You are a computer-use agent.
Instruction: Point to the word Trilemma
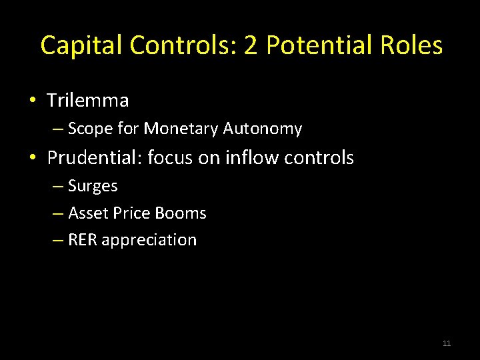[x=87, y=101]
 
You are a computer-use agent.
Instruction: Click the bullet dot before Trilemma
[x=32, y=101]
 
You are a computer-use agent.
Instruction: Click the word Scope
[x=89, y=129]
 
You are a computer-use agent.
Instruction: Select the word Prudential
[x=94, y=158]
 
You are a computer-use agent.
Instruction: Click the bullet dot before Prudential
[x=32, y=159]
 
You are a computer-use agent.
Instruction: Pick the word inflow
[x=250, y=158]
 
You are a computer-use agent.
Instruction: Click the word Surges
[x=93, y=186]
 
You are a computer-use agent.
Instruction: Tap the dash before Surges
[x=57, y=187]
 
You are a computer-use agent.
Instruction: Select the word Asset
[x=84, y=213]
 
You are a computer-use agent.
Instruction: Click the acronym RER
[x=82, y=240]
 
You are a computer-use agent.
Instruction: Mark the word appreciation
[x=149, y=241]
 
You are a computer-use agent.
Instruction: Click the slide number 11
[x=447, y=343]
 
